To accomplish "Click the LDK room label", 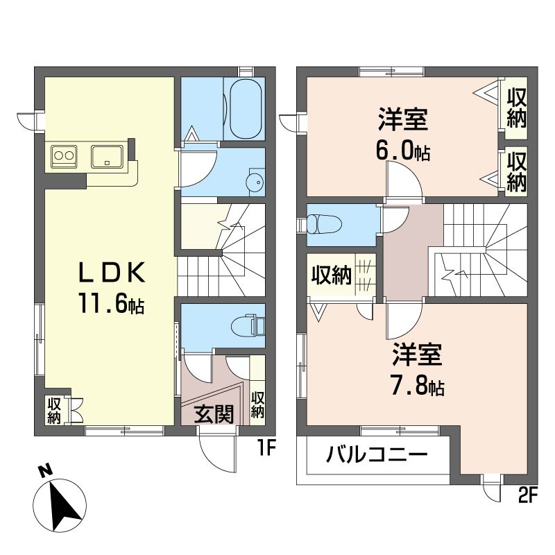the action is point(112,272).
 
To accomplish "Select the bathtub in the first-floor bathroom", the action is point(246,109).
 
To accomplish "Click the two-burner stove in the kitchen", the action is point(64,156).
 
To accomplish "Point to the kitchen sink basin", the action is point(108,157).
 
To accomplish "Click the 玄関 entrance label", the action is point(214,414).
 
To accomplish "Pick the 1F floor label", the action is point(266,448).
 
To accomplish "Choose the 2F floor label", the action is point(528,495).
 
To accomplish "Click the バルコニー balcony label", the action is point(377,455).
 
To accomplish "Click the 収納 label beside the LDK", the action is point(54,411).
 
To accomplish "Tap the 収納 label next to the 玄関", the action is point(257,405).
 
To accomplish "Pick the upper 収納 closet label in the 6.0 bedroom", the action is point(516,108).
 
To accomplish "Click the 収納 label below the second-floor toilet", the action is point(332,275).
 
